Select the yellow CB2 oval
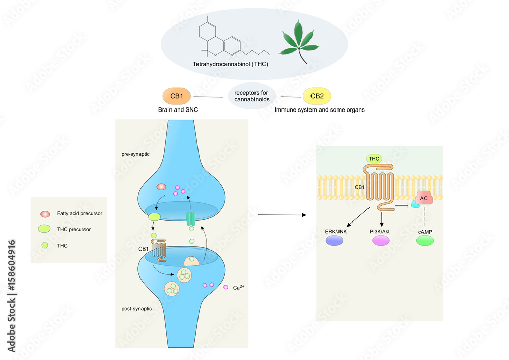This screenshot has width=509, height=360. [x=317, y=96]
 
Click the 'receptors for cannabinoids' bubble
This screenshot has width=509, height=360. [x=251, y=96]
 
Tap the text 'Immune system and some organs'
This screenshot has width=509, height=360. [x=320, y=110]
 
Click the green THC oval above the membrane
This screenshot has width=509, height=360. [x=374, y=159]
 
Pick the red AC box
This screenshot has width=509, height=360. [x=424, y=198]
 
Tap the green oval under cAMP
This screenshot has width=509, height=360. [x=425, y=241]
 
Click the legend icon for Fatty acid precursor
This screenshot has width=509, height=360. [x=45, y=213]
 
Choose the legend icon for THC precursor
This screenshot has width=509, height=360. [x=45, y=229]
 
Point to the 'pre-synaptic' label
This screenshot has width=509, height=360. [x=135, y=154]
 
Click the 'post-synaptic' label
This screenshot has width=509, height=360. [x=136, y=309]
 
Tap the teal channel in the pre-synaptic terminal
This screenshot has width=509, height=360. [x=190, y=219]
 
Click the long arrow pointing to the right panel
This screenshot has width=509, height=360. [x=282, y=215]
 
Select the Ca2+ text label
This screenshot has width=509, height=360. [x=239, y=288]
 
